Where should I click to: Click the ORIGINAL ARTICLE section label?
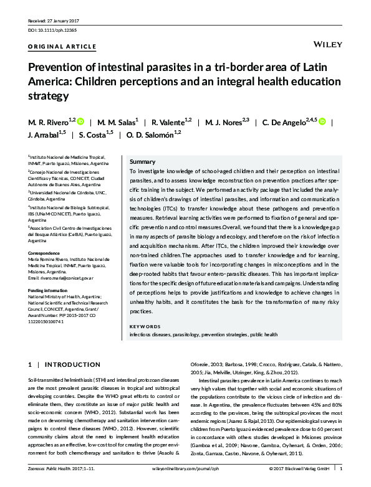pos(62,47)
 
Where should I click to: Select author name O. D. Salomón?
pos(153,134)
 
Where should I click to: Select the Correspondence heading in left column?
pos(47,253)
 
